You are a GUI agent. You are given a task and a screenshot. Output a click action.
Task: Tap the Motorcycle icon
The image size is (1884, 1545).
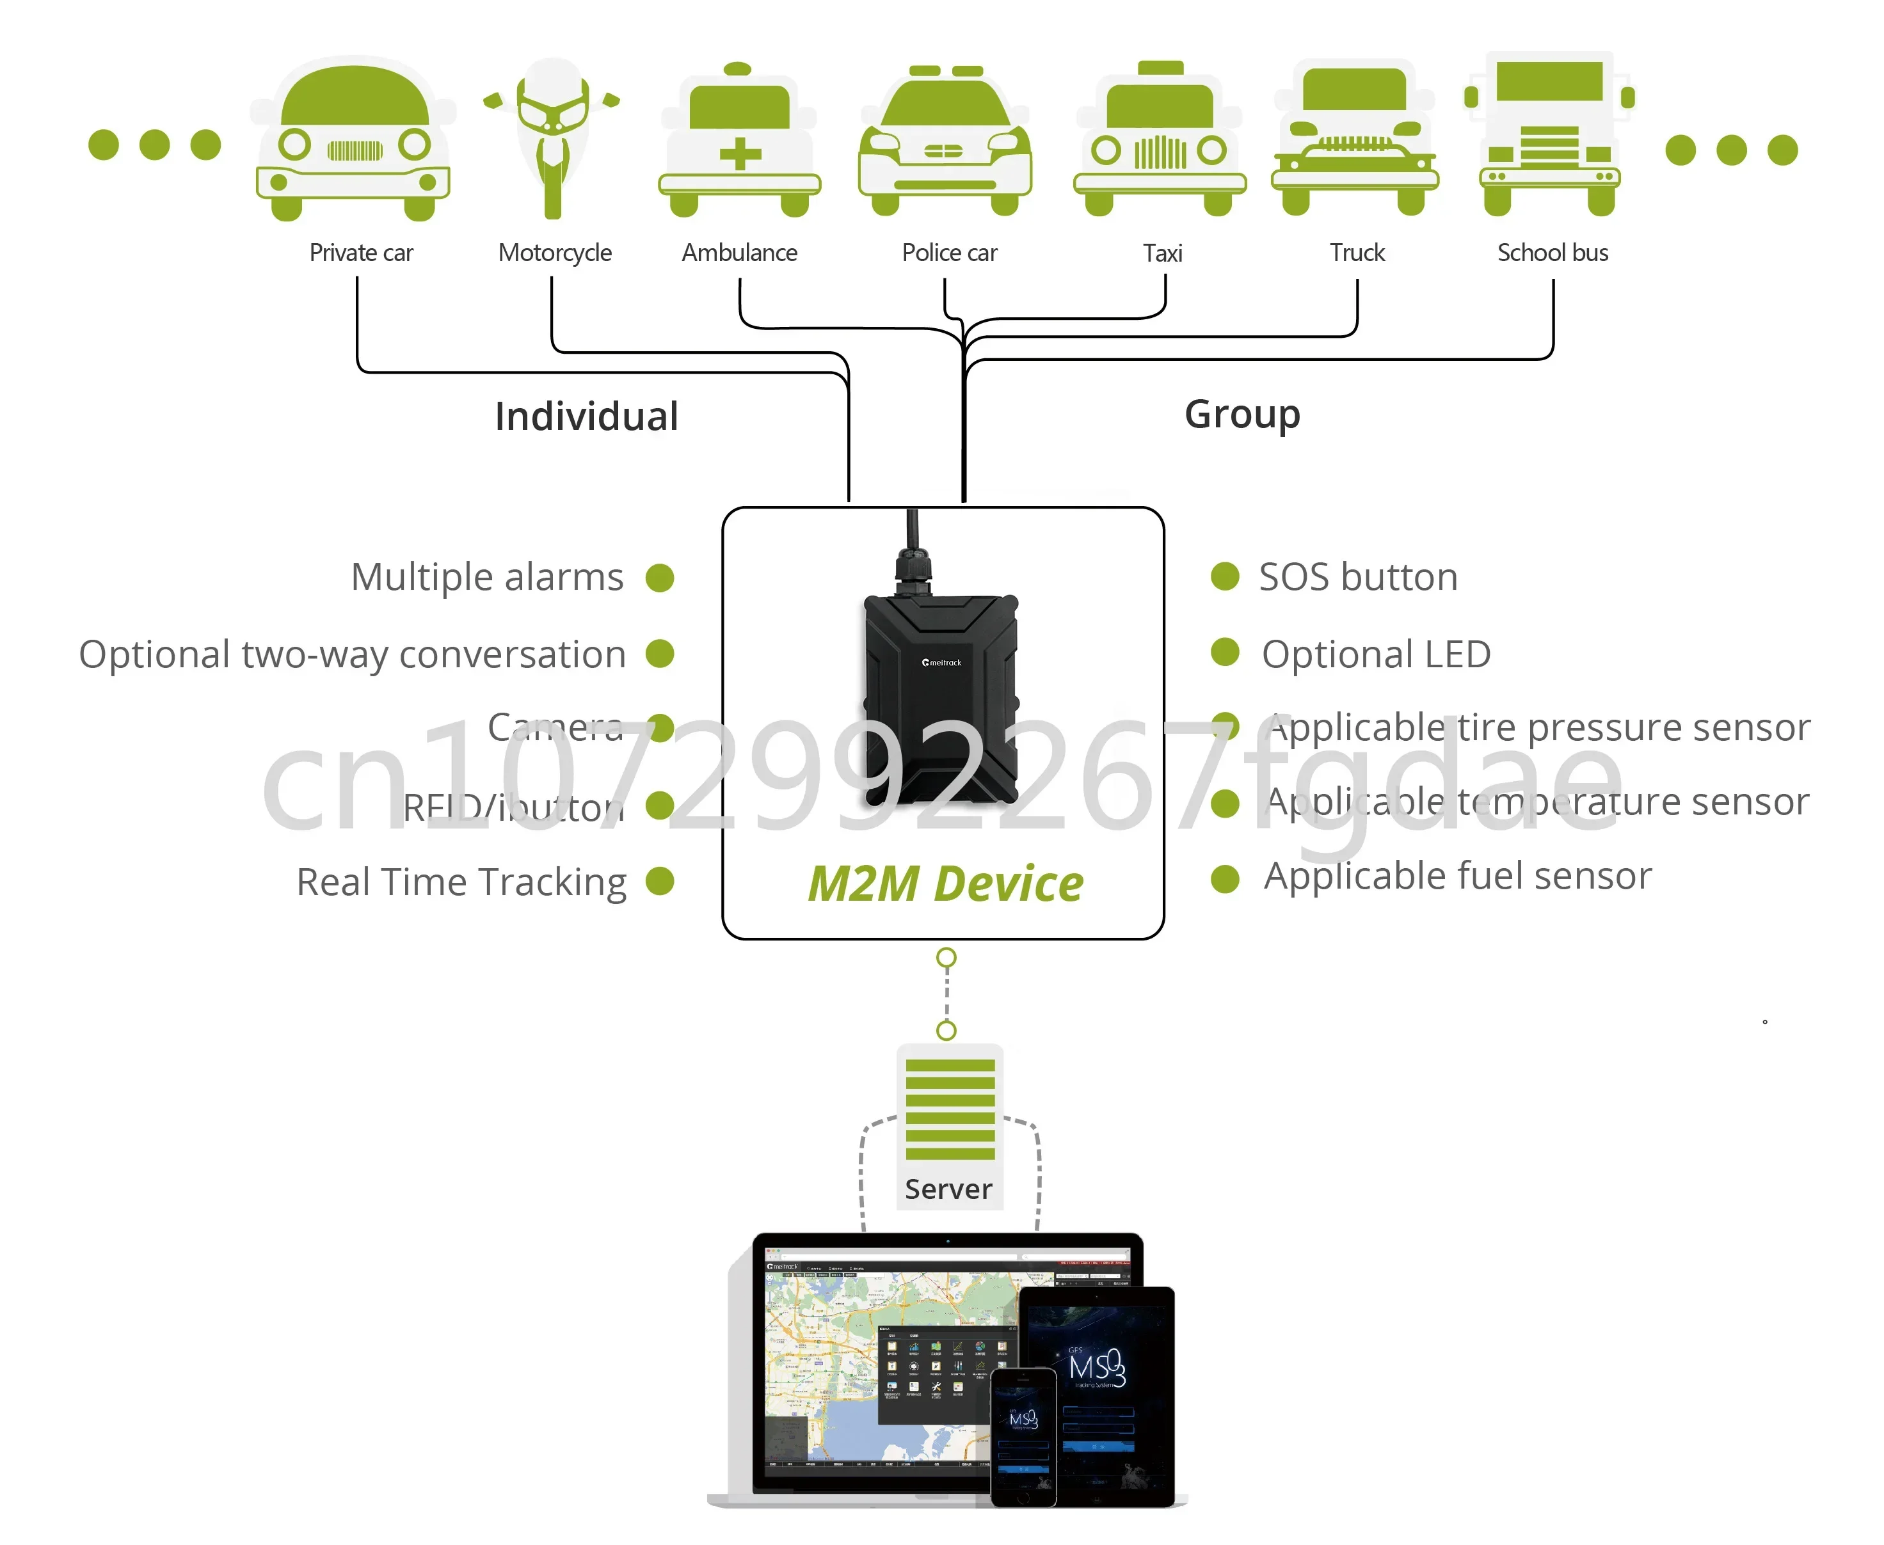click(552, 138)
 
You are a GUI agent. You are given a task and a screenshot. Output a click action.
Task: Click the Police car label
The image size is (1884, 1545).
click(949, 253)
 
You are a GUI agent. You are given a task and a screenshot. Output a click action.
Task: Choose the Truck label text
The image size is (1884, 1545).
click(1357, 253)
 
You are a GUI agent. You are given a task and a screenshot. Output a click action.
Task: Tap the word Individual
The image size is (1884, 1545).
click(586, 416)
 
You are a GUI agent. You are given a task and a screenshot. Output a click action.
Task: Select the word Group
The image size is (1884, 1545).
click(1242, 415)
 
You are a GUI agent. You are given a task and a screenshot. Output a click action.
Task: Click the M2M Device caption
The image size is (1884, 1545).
click(946, 883)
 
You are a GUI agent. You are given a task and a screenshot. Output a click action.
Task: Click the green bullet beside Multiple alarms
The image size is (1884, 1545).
click(660, 578)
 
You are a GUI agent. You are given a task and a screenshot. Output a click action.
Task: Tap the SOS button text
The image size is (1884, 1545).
click(1358, 578)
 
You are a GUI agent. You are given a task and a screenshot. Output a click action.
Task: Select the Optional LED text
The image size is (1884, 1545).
click(1376, 654)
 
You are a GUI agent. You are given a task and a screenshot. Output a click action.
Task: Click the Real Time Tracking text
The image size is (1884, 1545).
click(461, 882)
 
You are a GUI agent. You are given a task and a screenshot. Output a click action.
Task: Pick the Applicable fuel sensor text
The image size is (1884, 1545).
click(1458, 876)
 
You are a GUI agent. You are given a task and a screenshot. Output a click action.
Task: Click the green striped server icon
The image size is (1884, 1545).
click(950, 1109)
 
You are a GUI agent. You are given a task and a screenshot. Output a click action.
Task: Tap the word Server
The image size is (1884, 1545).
click(948, 1189)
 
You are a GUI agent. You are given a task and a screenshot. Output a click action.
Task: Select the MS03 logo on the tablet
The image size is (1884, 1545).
click(1097, 1368)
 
